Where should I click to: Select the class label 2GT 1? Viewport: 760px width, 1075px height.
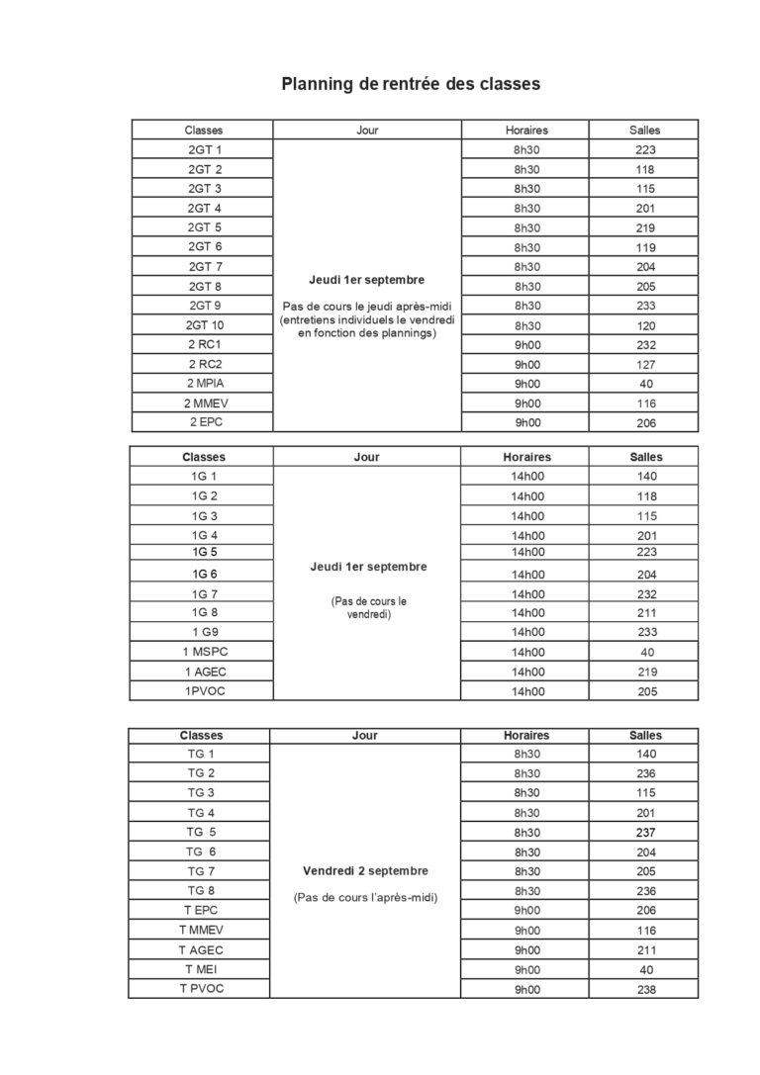pos(204,150)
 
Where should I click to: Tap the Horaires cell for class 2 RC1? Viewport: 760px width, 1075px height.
pos(526,345)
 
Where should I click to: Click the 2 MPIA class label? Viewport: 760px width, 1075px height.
pos(204,384)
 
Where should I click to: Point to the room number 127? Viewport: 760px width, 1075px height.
pos(645,365)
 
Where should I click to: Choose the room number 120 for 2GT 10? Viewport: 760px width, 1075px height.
pos(645,325)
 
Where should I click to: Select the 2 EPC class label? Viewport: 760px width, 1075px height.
pos(204,422)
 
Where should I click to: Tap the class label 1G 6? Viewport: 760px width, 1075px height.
pos(204,574)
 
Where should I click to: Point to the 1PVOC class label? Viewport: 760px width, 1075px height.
pos(204,691)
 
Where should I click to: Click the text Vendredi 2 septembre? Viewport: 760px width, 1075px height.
pos(366,871)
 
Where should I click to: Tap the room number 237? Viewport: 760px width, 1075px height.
pos(645,833)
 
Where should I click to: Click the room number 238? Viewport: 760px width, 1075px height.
pos(645,989)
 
